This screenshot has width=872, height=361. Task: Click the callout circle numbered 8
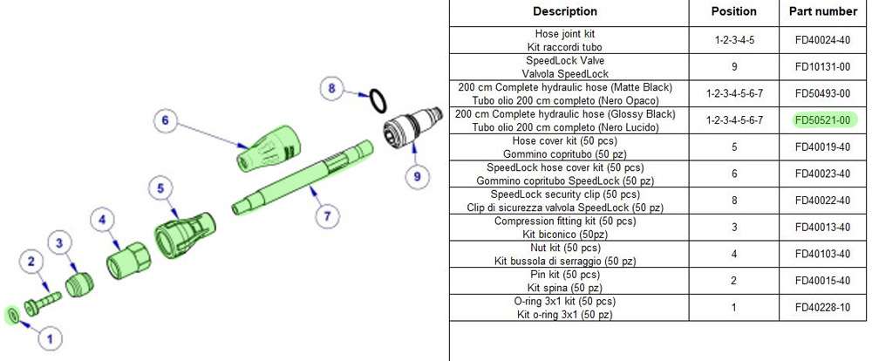pyautogui.click(x=330, y=87)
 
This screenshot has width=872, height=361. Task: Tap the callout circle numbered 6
pyautogui.click(x=164, y=120)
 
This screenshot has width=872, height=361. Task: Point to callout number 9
pyautogui.click(x=417, y=175)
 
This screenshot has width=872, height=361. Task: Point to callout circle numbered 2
pyautogui.click(x=31, y=260)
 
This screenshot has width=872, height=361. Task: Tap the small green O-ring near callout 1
pyautogui.click(x=13, y=314)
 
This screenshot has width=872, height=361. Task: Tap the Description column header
pyautogui.click(x=565, y=11)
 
